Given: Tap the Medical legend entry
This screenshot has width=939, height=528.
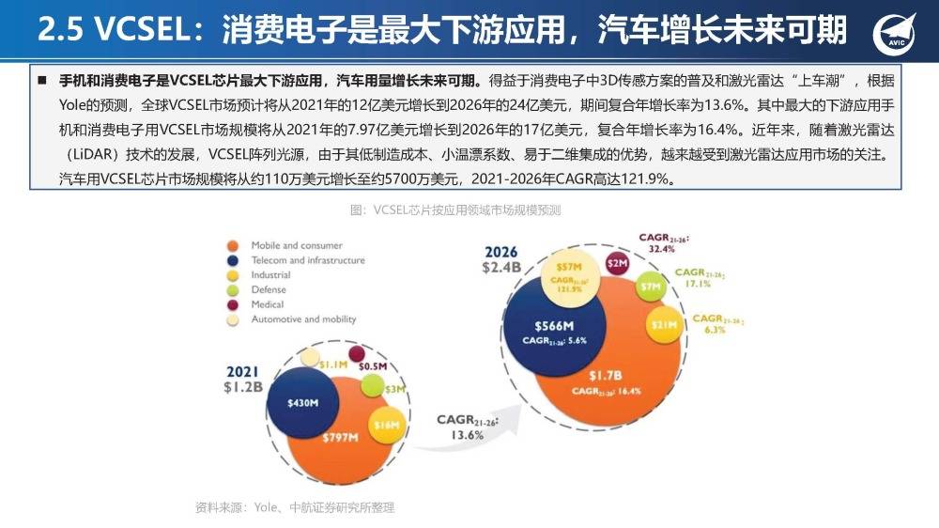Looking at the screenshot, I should coord(268,304).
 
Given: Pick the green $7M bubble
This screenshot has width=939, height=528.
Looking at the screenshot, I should coord(649,285).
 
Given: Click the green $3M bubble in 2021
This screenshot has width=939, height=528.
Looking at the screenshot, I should coord(374,386).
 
